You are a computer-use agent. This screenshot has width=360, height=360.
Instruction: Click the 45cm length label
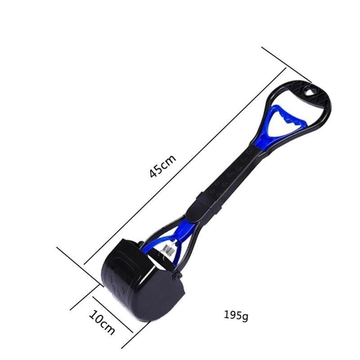[x=163, y=166]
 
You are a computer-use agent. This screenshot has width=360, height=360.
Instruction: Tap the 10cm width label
[x=102, y=323]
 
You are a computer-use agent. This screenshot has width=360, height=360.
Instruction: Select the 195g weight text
[x=236, y=316]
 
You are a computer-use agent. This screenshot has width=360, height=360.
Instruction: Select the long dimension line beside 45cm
[x=185, y=166]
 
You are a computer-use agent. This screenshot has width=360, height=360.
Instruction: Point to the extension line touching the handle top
[x=287, y=64]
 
